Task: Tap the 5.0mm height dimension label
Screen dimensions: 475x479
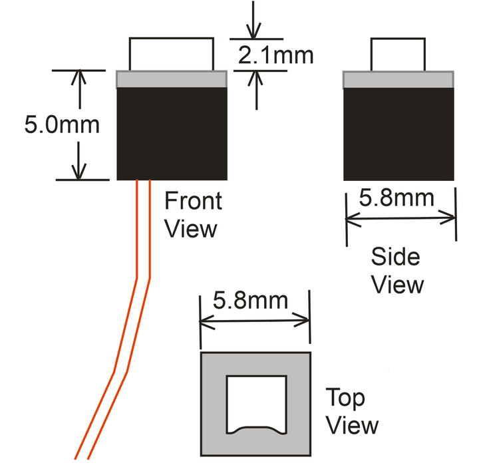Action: point(62,124)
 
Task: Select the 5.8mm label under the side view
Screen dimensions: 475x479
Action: point(397,198)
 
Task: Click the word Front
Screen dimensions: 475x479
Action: point(193,201)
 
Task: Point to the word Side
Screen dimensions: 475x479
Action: point(396,257)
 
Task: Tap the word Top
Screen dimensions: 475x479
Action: point(345,398)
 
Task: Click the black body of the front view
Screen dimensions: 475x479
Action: point(172,133)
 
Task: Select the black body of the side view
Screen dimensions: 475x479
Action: point(399,133)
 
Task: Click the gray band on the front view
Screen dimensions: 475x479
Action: point(172,79)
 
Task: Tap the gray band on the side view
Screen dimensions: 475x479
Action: point(399,79)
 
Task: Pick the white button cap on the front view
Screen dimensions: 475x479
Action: point(172,55)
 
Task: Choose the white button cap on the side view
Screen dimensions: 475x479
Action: point(397,55)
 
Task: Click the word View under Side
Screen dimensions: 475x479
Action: point(397,285)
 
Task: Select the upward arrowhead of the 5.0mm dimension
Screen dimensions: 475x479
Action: point(80,76)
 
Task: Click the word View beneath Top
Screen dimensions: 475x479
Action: point(352,426)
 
